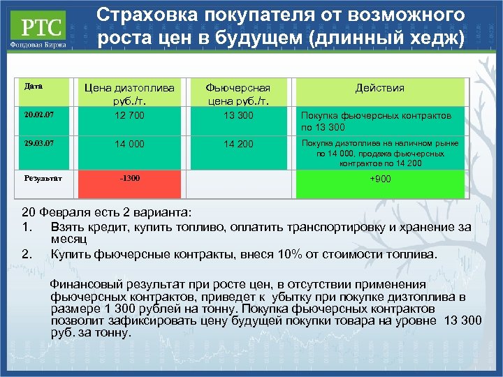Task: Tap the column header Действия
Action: click(x=379, y=88)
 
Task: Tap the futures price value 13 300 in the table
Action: click(x=238, y=115)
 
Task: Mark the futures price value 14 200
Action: click(x=238, y=145)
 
